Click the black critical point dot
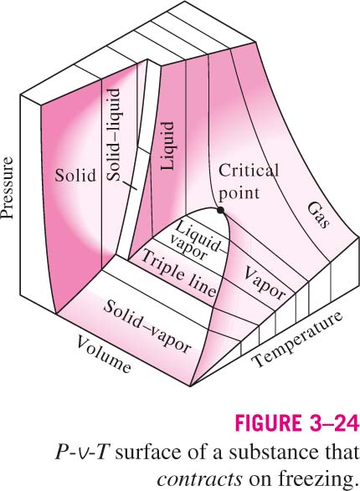pyautogui.click(x=220, y=210)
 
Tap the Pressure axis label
pyautogui.click(x=7, y=187)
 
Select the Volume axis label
pyautogui.click(x=103, y=354)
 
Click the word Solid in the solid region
pyautogui.click(x=75, y=175)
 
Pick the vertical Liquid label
pyautogui.click(x=167, y=146)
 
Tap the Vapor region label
pyautogui.click(x=264, y=283)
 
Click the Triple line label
pyautogui.click(x=178, y=274)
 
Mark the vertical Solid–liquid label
pyautogui.click(x=113, y=135)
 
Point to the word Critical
pyautogui.click(x=249, y=171)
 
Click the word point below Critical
pyautogui.click(x=239, y=193)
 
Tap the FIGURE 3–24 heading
pyautogui.click(x=296, y=423)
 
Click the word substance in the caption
pyautogui.click(x=269, y=452)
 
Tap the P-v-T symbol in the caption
pyautogui.click(x=82, y=453)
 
